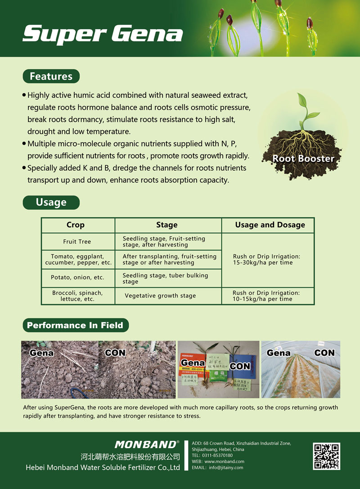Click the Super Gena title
(103, 34)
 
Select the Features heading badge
(51, 77)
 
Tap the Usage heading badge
(51, 203)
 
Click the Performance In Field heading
(75, 325)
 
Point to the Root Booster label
(303, 158)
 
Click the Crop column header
(76, 225)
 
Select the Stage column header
(167, 225)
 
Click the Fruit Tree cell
(77, 242)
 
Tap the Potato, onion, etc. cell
(77, 277)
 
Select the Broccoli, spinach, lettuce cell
(77, 296)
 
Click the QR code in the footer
(326, 457)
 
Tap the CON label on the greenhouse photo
(324, 353)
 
